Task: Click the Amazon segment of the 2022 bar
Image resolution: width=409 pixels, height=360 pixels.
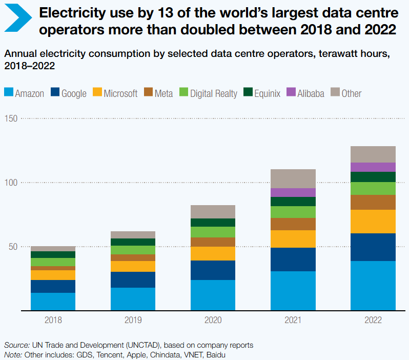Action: coord(373,286)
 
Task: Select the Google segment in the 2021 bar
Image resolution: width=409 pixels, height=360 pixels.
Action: coord(293,259)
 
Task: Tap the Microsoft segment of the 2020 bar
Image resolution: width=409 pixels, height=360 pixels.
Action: coord(213,253)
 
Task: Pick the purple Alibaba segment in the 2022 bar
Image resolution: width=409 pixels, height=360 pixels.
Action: coord(373,167)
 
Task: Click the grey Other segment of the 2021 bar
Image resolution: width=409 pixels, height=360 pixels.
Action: coord(293,178)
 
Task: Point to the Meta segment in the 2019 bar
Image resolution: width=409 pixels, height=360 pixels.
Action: coord(133,258)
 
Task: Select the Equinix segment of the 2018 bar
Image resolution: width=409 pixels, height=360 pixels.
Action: coord(53,254)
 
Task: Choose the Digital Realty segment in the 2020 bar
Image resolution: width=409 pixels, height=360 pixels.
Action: coord(213,232)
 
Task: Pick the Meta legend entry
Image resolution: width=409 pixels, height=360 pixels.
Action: coord(159,93)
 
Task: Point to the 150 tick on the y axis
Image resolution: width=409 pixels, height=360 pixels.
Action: coord(10,118)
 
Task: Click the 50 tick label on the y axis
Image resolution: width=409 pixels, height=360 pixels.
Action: coord(12,247)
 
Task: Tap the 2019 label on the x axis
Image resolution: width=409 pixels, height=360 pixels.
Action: coord(133,320)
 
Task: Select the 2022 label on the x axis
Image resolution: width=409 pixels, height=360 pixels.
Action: coord(373,320)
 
